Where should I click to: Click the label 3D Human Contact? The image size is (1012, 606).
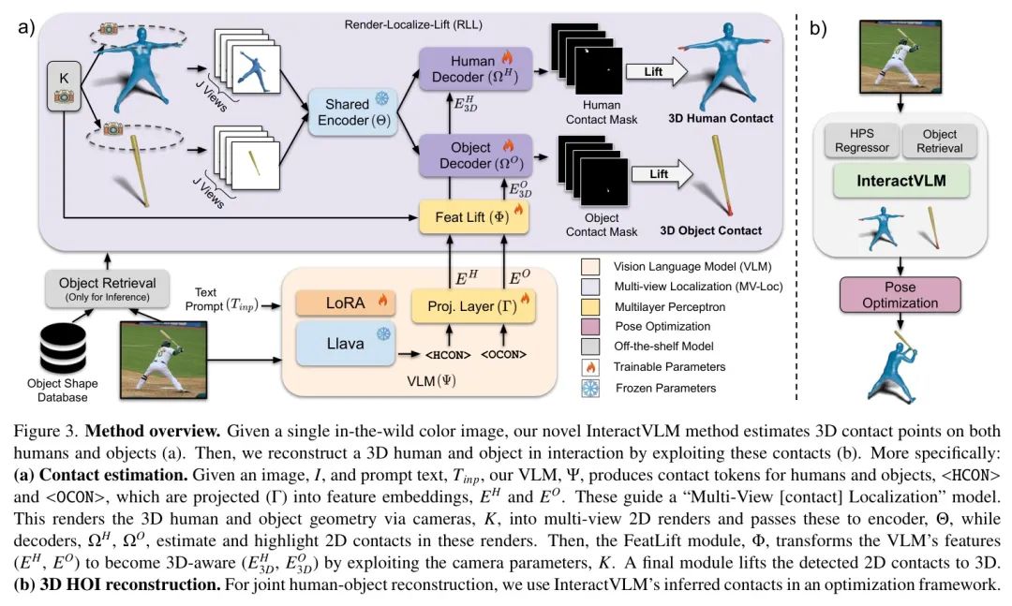point(721,118)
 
